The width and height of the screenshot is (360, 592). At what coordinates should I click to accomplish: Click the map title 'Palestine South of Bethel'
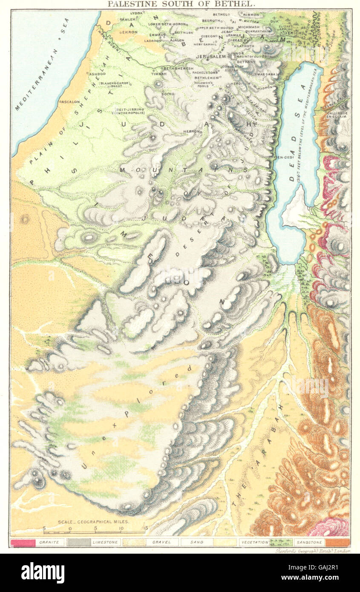click(181, 4)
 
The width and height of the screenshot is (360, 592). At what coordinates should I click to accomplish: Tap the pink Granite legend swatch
click(23, 542)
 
